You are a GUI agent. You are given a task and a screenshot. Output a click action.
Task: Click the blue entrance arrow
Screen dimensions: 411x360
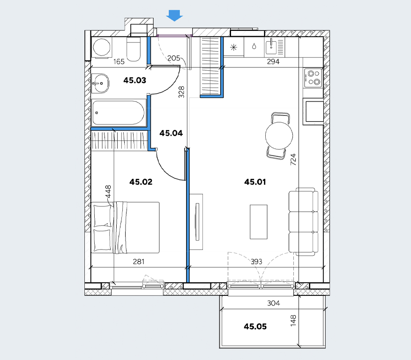174,15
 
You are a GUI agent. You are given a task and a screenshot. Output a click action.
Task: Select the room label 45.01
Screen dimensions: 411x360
255,182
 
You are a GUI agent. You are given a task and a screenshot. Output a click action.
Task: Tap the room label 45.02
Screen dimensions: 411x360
141,182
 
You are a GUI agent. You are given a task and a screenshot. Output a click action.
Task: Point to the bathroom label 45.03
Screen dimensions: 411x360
135,81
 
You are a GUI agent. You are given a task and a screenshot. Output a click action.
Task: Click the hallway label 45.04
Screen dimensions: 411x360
171,133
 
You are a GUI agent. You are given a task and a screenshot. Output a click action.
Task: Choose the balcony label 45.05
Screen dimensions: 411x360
255,326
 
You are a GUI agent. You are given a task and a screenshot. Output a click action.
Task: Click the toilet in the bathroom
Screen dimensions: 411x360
134,49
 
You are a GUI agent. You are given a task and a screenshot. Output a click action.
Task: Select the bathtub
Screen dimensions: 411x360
119,112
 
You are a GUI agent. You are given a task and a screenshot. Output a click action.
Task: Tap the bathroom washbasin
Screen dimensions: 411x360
100,83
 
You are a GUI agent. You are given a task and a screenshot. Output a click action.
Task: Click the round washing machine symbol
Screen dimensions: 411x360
101,47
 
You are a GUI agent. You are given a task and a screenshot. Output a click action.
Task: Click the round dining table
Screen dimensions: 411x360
279,136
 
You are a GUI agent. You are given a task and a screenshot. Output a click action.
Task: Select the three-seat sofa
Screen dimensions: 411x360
304,221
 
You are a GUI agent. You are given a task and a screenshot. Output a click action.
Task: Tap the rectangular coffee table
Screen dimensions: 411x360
258,222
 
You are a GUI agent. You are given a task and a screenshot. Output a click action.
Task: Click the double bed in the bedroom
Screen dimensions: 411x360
125,227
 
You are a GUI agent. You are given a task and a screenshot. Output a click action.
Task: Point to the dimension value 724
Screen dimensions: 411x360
293,160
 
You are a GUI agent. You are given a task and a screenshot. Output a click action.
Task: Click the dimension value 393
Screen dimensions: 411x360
256,262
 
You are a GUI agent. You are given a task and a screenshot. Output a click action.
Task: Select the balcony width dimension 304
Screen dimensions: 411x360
273,303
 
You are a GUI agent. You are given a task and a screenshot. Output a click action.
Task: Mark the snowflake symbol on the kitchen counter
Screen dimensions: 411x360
233,47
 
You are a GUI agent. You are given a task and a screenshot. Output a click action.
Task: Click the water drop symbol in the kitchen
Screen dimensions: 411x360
254,46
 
